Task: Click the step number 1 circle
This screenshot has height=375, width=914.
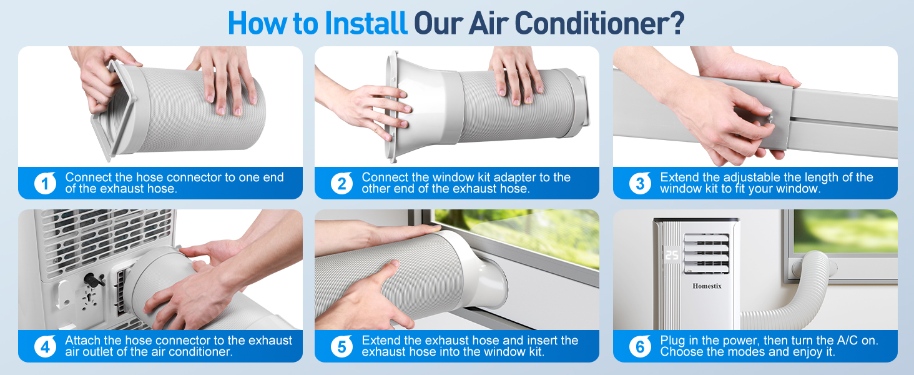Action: pos(46,183)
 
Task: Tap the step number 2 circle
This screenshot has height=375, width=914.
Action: pos(342,183)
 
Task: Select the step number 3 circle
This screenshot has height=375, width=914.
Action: pos(640,183)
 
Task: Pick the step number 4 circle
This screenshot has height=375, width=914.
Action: pos(46,346)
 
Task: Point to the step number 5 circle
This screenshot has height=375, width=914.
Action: pos(342,346)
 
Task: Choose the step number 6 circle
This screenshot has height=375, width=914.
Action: pos(640,346)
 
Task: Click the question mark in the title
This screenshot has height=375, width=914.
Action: pos(677,23)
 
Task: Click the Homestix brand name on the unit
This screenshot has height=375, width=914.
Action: pos(707,286)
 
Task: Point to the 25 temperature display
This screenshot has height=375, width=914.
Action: pos(672,255)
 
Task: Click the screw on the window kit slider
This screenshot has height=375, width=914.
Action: pos(769,119)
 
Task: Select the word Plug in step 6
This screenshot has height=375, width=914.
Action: pos(674,341)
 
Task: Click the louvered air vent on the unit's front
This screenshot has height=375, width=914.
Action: pos(706,253)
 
